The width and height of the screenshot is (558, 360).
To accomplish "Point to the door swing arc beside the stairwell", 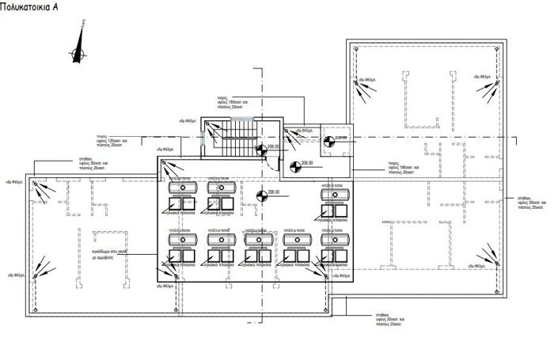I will pos(271,162).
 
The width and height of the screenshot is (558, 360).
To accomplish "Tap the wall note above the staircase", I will pos(237,102).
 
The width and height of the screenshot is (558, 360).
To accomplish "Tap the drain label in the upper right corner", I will pos(484,77).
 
